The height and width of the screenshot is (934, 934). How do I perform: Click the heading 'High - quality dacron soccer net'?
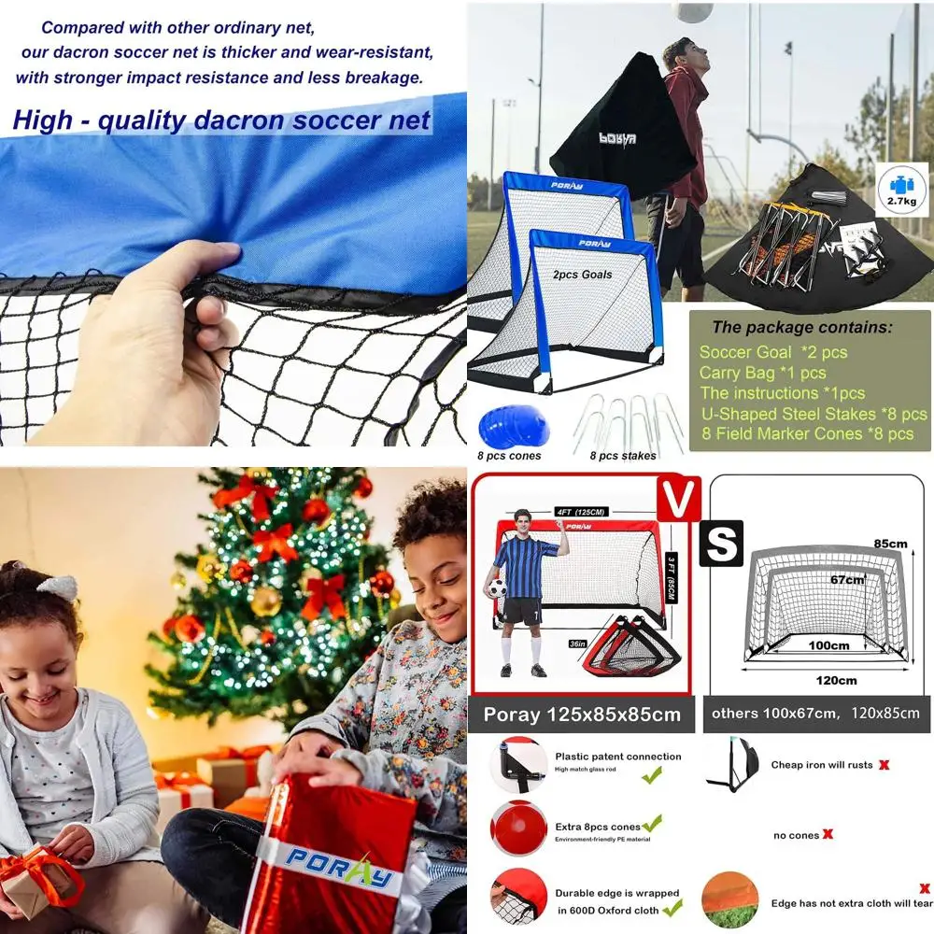(x=221, y=120)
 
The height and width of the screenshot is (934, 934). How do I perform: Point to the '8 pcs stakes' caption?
(x=623, y=456)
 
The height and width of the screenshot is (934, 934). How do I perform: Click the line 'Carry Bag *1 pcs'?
(x=762, y=373)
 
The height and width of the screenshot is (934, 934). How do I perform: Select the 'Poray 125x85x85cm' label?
(x=581, y=715)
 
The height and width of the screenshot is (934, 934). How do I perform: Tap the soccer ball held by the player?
(x=495, y=587)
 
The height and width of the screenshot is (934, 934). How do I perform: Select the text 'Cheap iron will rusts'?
(x=822, y=765)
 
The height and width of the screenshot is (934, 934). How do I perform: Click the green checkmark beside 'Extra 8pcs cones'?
(x=651, y=823)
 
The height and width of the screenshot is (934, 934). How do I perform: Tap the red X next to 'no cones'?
(x=828, y=834)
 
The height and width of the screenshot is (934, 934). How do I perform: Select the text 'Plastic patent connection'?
(x=618, y=757)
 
